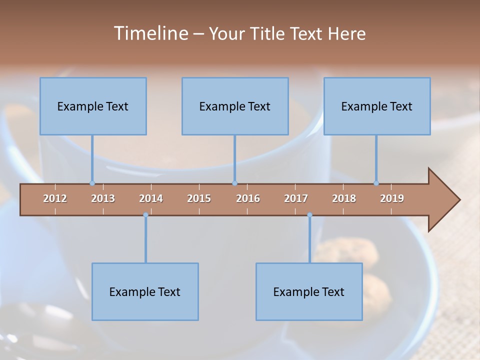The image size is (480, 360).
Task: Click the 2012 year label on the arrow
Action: [x=55, y=198]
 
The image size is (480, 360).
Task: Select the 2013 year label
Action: [x=103, y=198]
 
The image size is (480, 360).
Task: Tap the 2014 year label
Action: [x=151, y=198]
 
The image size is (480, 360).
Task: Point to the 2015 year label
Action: [x=199, y=198]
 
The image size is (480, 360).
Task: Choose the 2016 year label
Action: [x=248, y=198]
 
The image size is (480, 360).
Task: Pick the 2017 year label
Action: [x=296, y=198]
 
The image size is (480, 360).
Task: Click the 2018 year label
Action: [x=344, y=198]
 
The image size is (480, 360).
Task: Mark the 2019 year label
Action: [x=392, y=198]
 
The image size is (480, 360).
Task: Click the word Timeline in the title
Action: [x=149, y=33]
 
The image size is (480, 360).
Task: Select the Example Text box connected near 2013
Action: [x=93, y=106]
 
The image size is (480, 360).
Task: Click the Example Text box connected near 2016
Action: [x=235, y=106]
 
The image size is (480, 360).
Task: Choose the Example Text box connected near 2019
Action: [x=377, y=106]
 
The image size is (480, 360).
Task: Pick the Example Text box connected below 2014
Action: [x=145, y=291]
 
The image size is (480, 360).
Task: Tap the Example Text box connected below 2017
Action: [x=309, y=291]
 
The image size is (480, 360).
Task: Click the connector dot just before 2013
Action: [x=92, y=183]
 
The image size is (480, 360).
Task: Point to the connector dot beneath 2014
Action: [x=145, y=215]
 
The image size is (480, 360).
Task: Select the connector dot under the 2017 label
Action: [x=309, y=215]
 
